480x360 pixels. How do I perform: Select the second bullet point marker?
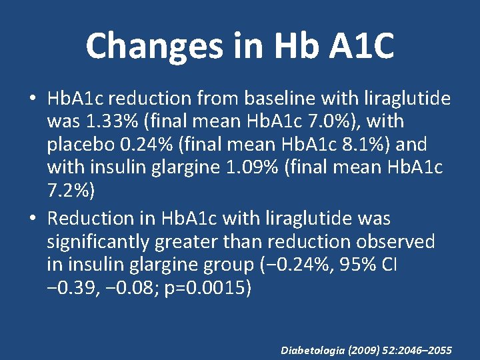point(32,219)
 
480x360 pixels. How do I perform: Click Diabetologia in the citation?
point(313,349)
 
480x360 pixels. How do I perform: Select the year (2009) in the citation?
point(365,349)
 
